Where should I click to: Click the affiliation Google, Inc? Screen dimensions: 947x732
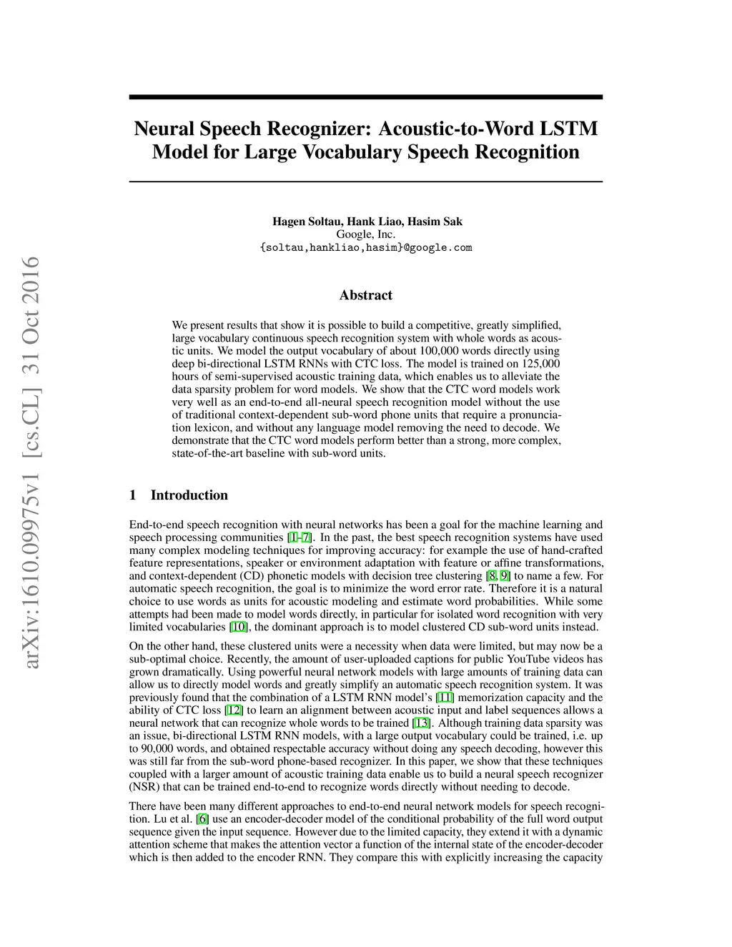[x=366, y=234]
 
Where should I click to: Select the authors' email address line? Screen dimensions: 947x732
[x=366, y=247]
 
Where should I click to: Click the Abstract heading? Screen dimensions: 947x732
[x=366, y=295]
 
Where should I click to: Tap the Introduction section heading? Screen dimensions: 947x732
[x=189, y=495]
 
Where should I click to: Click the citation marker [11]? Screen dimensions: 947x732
[x=445, y=698]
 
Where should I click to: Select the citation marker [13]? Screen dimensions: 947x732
[x=422, y=723]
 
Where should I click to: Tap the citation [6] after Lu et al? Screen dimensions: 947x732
[x=203, y=819]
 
